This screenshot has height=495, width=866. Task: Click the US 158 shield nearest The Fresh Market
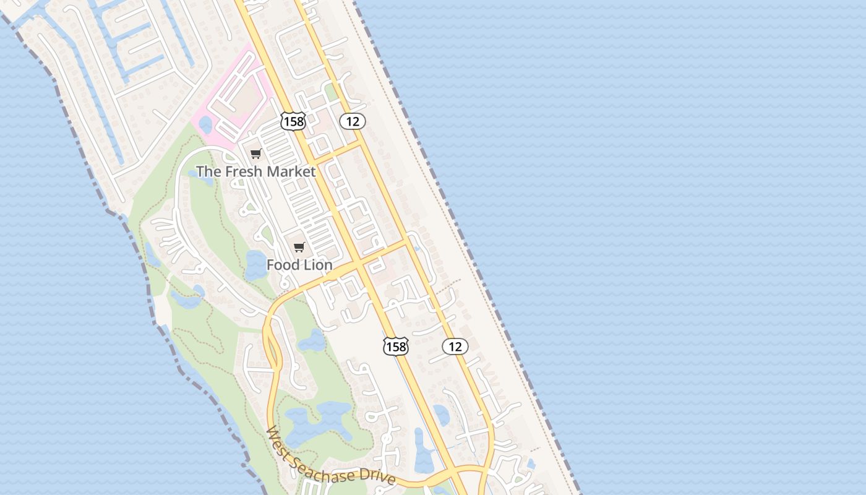(293, 121)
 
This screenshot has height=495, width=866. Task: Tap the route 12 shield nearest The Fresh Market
(353, 121)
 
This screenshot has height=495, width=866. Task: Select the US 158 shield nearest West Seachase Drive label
(396, 346)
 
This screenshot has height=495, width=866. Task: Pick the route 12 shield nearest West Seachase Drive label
(455, 346)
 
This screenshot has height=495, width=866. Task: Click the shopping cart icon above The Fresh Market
(255, 153)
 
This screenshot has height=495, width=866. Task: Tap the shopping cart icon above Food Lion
(299, 247)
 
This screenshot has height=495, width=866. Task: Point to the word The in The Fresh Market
(207, 171)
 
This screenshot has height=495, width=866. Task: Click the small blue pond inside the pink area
(205, 125)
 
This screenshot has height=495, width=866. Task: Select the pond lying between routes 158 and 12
(441, 415)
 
